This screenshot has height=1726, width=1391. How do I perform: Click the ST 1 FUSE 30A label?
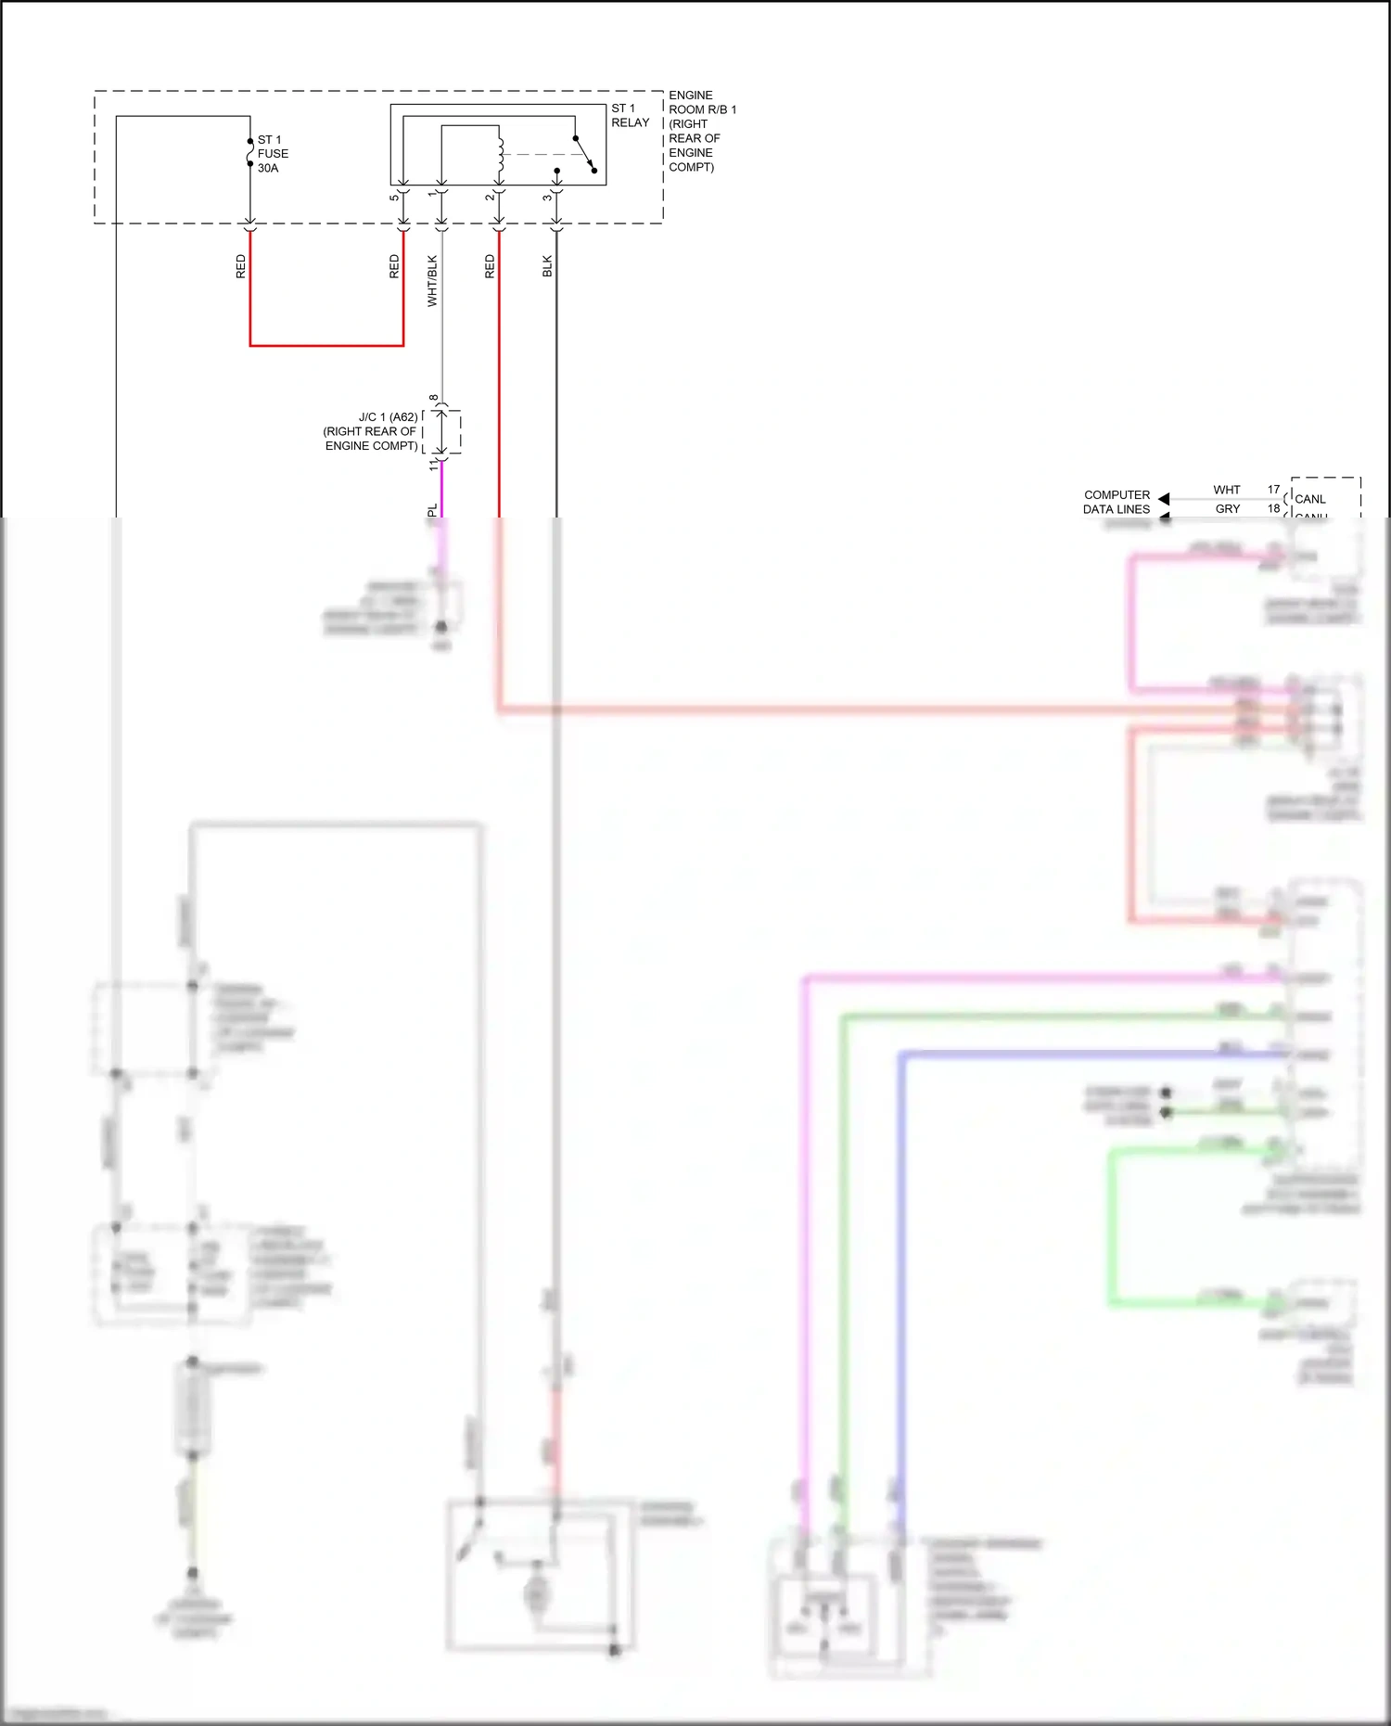coord(272,154)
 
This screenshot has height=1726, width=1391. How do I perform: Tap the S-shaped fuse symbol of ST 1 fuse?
coord(250,152)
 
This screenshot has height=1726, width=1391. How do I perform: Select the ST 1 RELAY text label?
coord(630,116)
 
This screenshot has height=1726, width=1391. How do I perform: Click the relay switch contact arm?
coord(584,153)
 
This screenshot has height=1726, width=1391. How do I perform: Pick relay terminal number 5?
coord(394,197)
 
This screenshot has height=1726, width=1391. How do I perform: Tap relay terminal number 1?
coord(432,194)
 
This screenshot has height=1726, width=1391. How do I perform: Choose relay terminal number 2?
coord(490,197)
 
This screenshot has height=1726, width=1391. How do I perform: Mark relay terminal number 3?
coord(547,197)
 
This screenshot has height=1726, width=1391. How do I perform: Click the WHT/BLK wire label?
coord(432,281)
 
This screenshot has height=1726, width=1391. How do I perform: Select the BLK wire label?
coord(547,266)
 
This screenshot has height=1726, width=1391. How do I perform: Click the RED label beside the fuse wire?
coord(241,266)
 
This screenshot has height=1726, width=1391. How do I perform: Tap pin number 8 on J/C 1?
coord(433,398)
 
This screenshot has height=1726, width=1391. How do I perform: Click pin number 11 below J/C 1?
coord(433,465)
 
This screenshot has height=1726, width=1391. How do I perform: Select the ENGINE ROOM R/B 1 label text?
coord(702,131)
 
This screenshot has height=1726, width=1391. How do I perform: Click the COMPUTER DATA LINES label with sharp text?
coord(1117,502)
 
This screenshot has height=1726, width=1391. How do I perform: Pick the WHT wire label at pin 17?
coord(1226,490)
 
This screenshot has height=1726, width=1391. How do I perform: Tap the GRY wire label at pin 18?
coord(1227,509)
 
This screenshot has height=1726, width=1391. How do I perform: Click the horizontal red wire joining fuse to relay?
coord(326,346)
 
